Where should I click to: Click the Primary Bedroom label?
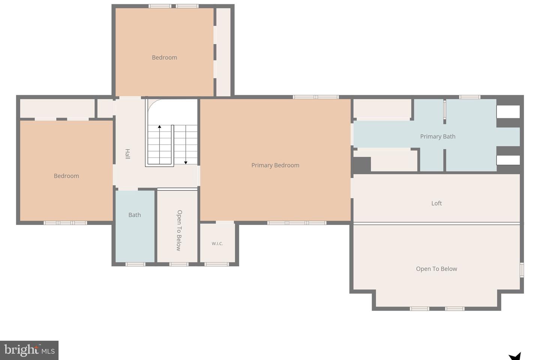[275, 165]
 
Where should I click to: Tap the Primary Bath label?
[438, 136]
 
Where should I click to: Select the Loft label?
[436, 203]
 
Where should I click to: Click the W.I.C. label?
[217, 243]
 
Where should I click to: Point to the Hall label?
[127, 154]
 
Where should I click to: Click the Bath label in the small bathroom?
[135, 215]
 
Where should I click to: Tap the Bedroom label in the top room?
[164, 57]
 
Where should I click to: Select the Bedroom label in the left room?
[66, 176]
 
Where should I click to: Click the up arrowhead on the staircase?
[159, 126]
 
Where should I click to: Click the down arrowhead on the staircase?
[186, 163]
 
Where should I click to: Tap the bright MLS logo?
[29, 350]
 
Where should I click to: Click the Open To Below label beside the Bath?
[179, 231]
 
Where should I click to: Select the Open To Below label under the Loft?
[436, 269]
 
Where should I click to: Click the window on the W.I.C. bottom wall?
[217, 264]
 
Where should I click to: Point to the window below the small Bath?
[135, 264]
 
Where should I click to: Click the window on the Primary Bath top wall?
[469, 97]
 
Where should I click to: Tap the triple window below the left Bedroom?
[65, 223]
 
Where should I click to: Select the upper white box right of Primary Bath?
[508, 112]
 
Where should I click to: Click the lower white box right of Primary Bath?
[508, 160]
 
